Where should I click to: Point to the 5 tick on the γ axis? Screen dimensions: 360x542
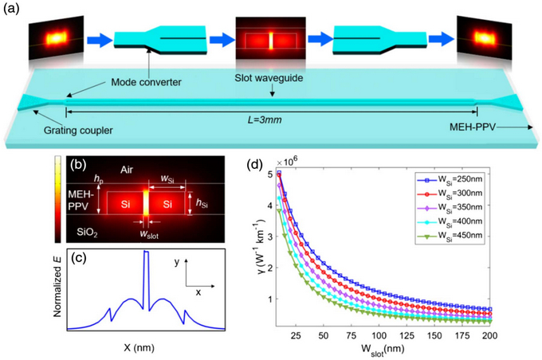270,174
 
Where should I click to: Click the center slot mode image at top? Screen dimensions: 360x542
270,38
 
